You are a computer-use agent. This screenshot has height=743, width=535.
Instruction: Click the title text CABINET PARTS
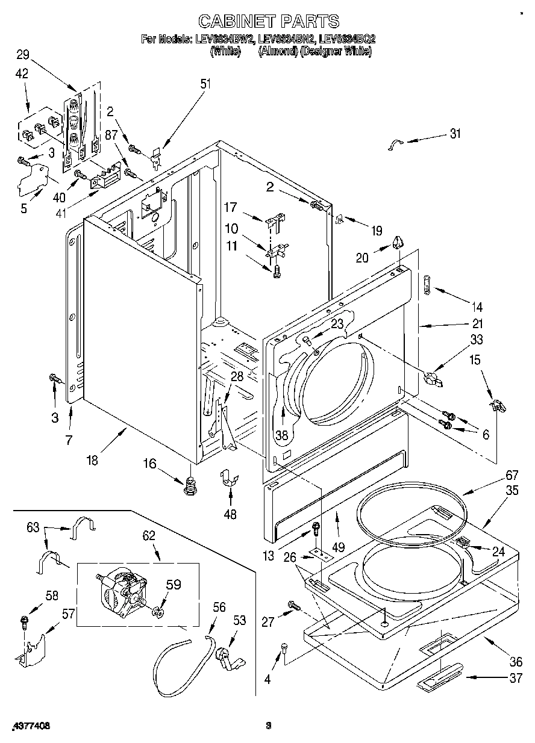pyautogui.click(x=269, y=22)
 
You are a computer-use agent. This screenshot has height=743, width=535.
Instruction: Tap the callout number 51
pyautogui.click(x=205, y=84)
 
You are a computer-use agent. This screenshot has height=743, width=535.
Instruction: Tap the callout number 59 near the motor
pyautogui.click(x=173, y=585)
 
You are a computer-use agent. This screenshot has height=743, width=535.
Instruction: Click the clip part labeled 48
pyautogui.click(x=230, y=477)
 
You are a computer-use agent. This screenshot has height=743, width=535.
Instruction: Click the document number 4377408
pyautogui.click(x=30, y=726)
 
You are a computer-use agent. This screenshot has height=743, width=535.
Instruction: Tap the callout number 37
pyautogui.click(x=515, y=679)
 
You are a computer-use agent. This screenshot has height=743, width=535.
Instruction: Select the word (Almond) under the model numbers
pyautogui.click(x=277, y=52)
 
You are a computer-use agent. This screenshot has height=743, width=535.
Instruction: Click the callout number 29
pyautogui.click(x=23, y=55)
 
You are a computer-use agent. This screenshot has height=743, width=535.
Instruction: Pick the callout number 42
pyautogui.click(x=22, y=75)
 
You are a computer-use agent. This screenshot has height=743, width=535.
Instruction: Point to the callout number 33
pyautogui.click(x=476, y=340)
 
